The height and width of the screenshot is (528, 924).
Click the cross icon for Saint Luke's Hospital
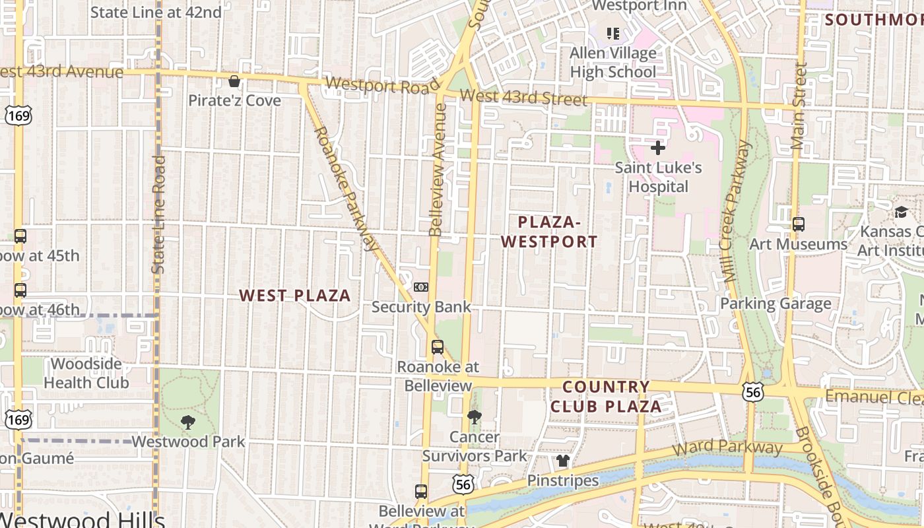[657, 148]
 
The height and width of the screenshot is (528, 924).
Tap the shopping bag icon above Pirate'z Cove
[234, 81]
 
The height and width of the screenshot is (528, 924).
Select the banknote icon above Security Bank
[421, 287]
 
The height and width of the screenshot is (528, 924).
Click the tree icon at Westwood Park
[188, 422]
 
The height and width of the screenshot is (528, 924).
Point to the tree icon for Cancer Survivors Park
[474, 416]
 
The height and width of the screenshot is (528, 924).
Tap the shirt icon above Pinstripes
[562, 461]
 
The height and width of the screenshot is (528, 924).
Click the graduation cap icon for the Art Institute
[901, 212]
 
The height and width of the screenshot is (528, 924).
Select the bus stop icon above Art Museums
[799, 224]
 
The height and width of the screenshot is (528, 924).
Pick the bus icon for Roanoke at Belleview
[437, 347]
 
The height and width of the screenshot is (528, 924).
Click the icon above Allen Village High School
[613, 33]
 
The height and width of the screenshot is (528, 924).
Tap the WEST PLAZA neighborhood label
[295, 296]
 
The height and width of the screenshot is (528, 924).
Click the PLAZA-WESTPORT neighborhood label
[549, 232]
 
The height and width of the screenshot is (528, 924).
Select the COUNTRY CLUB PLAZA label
[606, 397]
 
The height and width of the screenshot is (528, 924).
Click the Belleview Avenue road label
[438, 168]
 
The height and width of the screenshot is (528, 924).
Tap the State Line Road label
[158, 214]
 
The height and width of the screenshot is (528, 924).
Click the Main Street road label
[800, 106]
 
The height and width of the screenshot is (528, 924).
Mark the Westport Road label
[382, 86]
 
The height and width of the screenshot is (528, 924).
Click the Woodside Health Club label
[86, 373]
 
